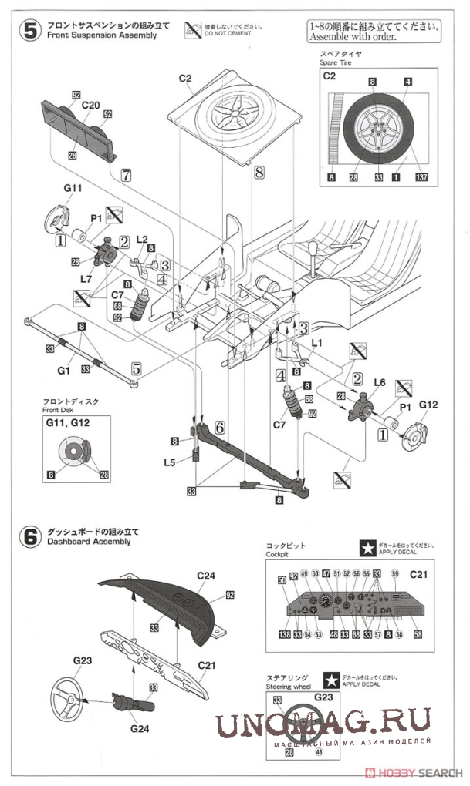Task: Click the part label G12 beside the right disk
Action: click(x=428, y=405)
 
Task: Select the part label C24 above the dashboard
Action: click(x=206, y=575)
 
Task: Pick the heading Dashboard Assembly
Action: click(x=88, y=541)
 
